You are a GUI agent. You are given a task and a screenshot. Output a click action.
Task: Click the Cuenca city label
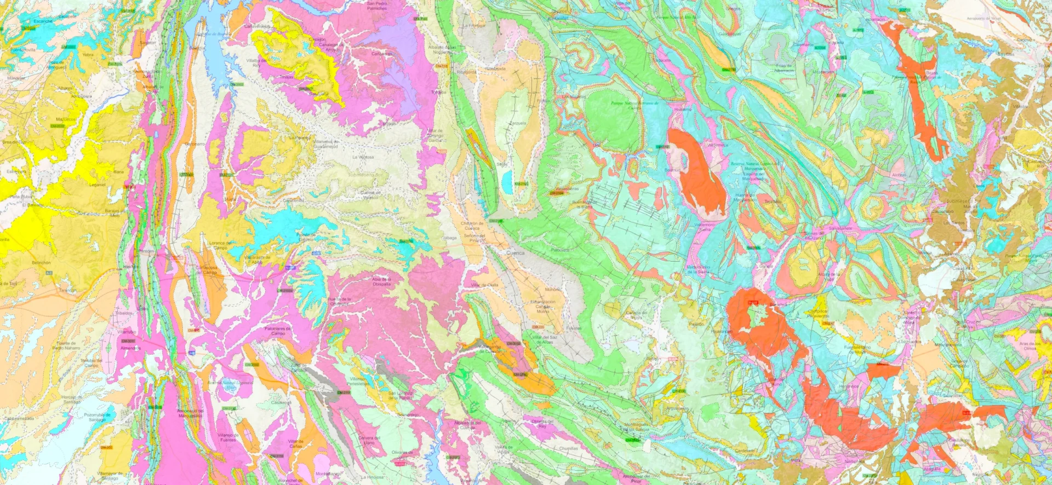515,253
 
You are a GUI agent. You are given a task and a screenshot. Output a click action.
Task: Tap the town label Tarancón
68,290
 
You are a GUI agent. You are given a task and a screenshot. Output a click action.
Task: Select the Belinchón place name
41,263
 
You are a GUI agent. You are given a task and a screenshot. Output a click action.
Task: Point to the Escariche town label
43,21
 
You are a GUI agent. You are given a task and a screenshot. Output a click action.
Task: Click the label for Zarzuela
518,123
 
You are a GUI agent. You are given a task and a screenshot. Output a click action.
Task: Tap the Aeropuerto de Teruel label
984,18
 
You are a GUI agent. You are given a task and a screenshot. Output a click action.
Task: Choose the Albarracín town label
784,68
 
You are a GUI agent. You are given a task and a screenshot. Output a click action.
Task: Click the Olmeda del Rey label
542,423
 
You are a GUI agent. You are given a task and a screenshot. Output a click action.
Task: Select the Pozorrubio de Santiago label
98,417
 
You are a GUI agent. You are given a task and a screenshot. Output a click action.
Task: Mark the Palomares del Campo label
278,331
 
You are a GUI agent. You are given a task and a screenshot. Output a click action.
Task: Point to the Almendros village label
130,348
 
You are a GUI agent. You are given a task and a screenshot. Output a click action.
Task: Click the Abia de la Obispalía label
381,281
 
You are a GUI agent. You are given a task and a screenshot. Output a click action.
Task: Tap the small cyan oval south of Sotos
508,177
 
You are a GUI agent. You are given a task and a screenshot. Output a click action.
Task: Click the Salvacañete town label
840,228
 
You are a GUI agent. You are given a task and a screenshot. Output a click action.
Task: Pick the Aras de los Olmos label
1030,345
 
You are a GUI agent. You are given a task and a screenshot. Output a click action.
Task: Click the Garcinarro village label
195,144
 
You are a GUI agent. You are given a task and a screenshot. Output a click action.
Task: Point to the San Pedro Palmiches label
377,5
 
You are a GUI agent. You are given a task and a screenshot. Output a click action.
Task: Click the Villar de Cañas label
296,443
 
